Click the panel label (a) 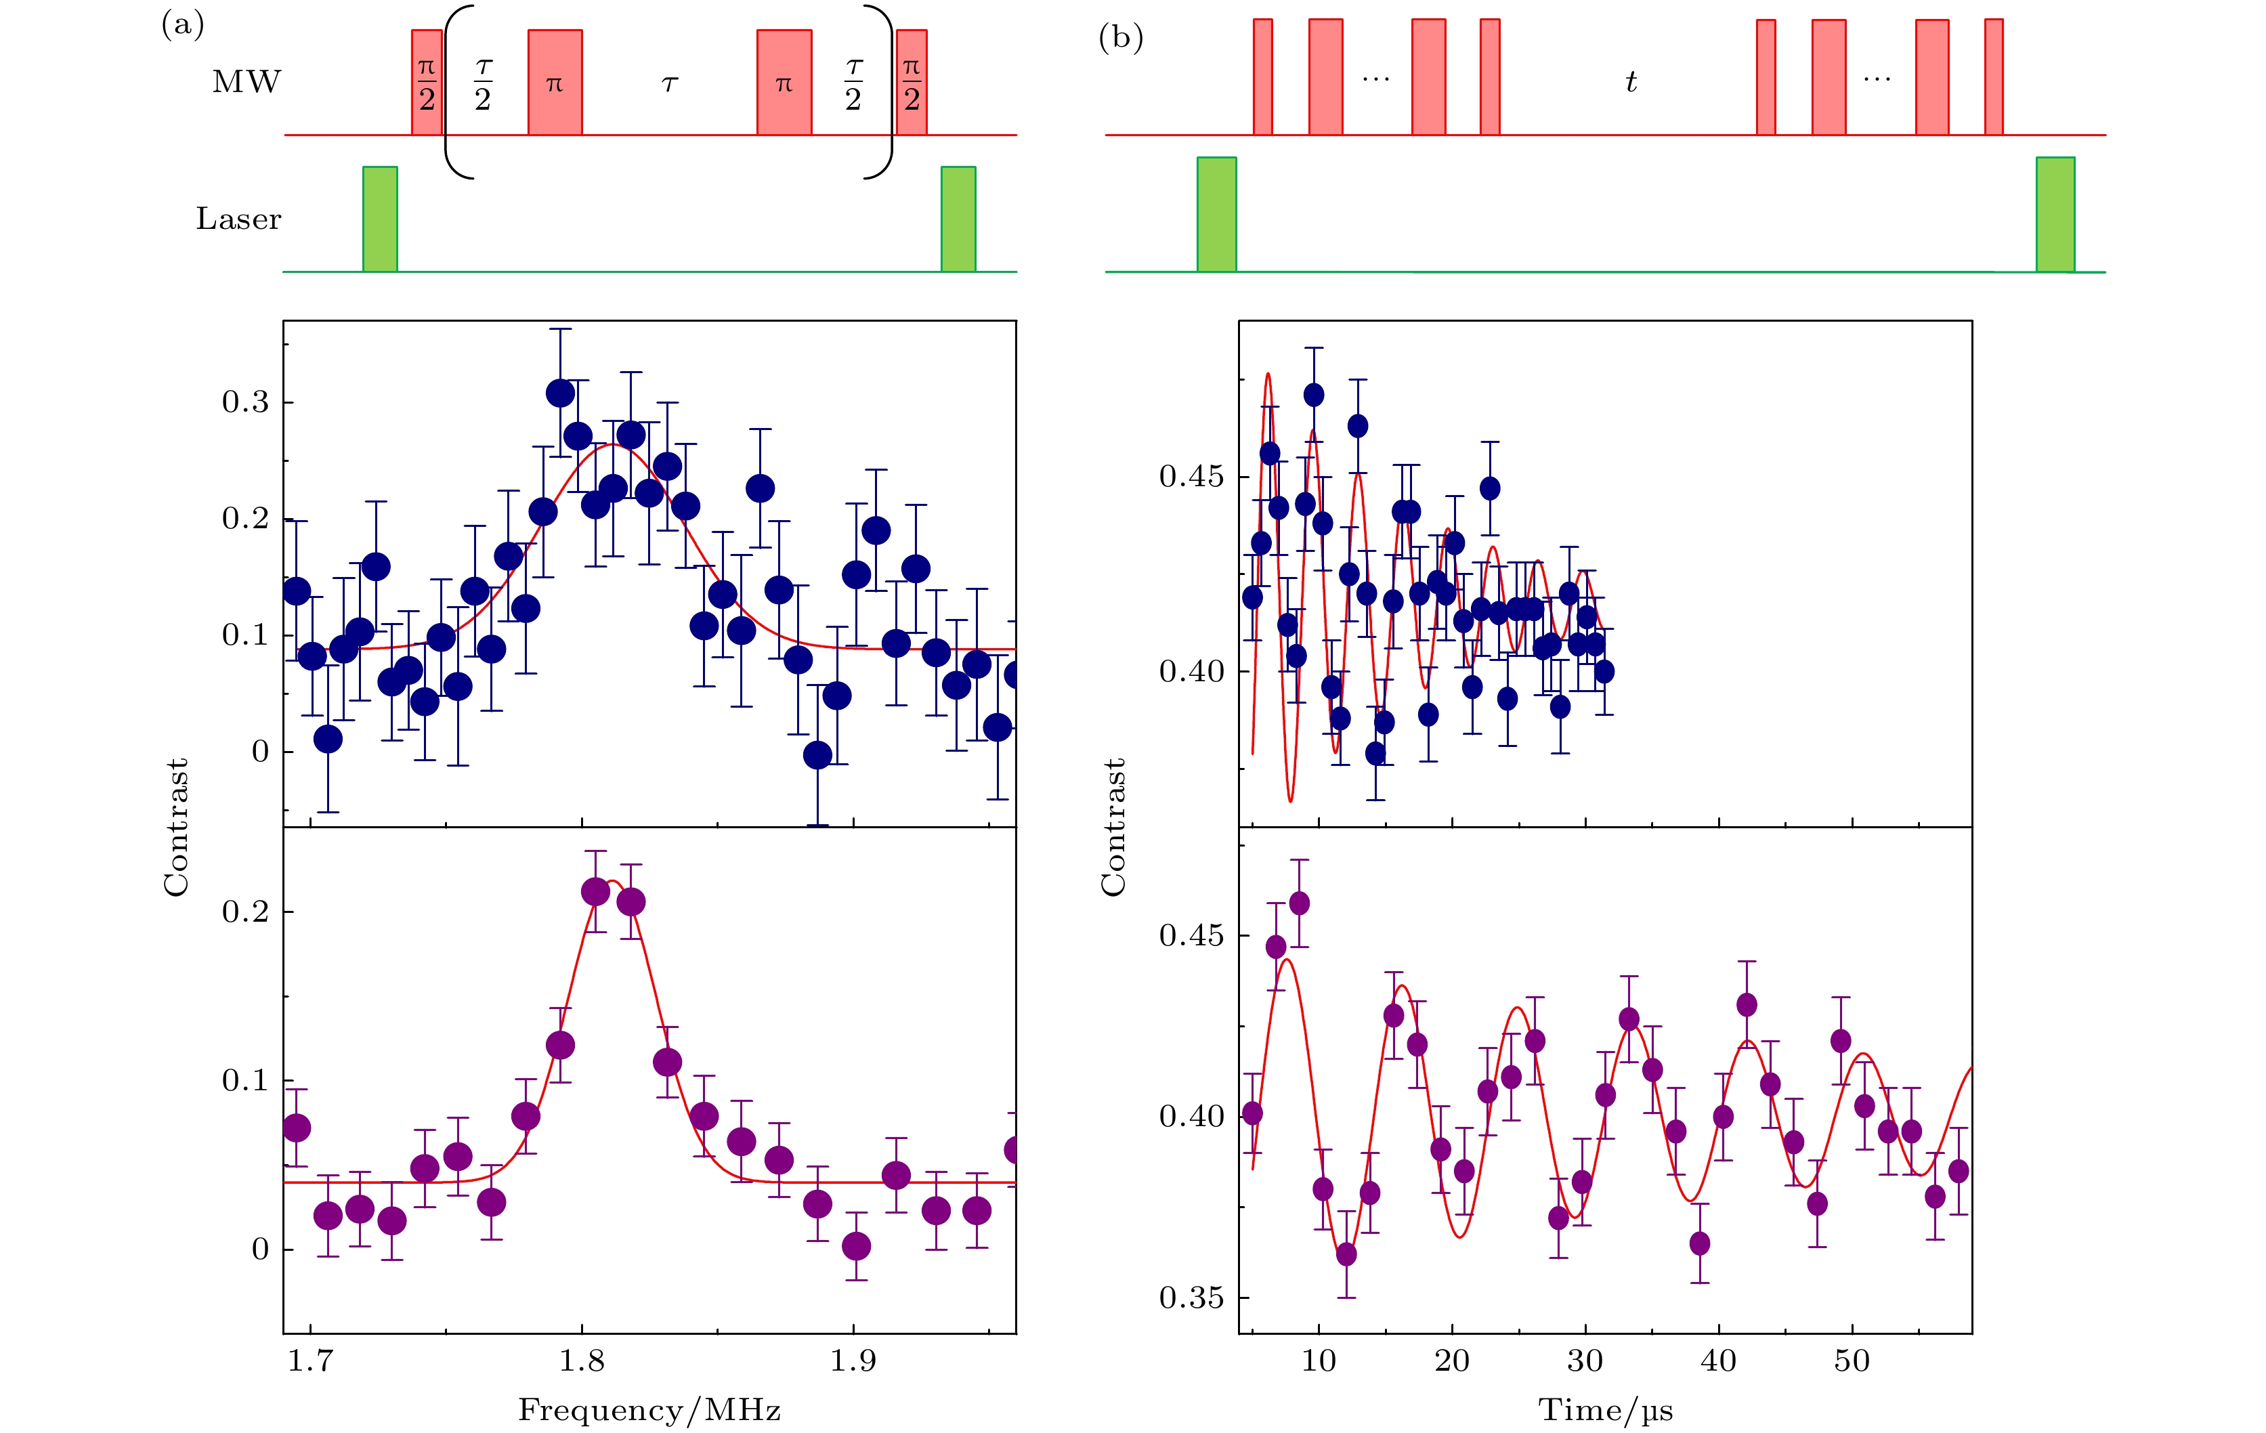(x=183, y=24)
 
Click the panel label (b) (x=1121, y=38)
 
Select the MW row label (x=247, y=82)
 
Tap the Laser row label (x=238, y=219)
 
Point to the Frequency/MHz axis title (x=649, y=1409)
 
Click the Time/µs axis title (x=1606, y=1409)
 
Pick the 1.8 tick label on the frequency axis (x=582, y=1361)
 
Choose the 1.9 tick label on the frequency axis (x=853, y=1361)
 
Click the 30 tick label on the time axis (x=1585, y=1361)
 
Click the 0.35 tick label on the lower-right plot (x=1191, y=1298)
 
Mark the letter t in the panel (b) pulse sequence (x=1631, y=82)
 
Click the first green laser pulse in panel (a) (x=380, y=219)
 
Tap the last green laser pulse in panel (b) (x=2055, y=215)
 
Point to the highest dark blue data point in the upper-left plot (x=560, y=393)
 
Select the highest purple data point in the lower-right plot (x=1300, y=903)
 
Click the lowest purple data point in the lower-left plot (x=856, y=1246)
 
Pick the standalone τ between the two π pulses (x=669, y=84)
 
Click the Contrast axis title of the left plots (x=177, y=826)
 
